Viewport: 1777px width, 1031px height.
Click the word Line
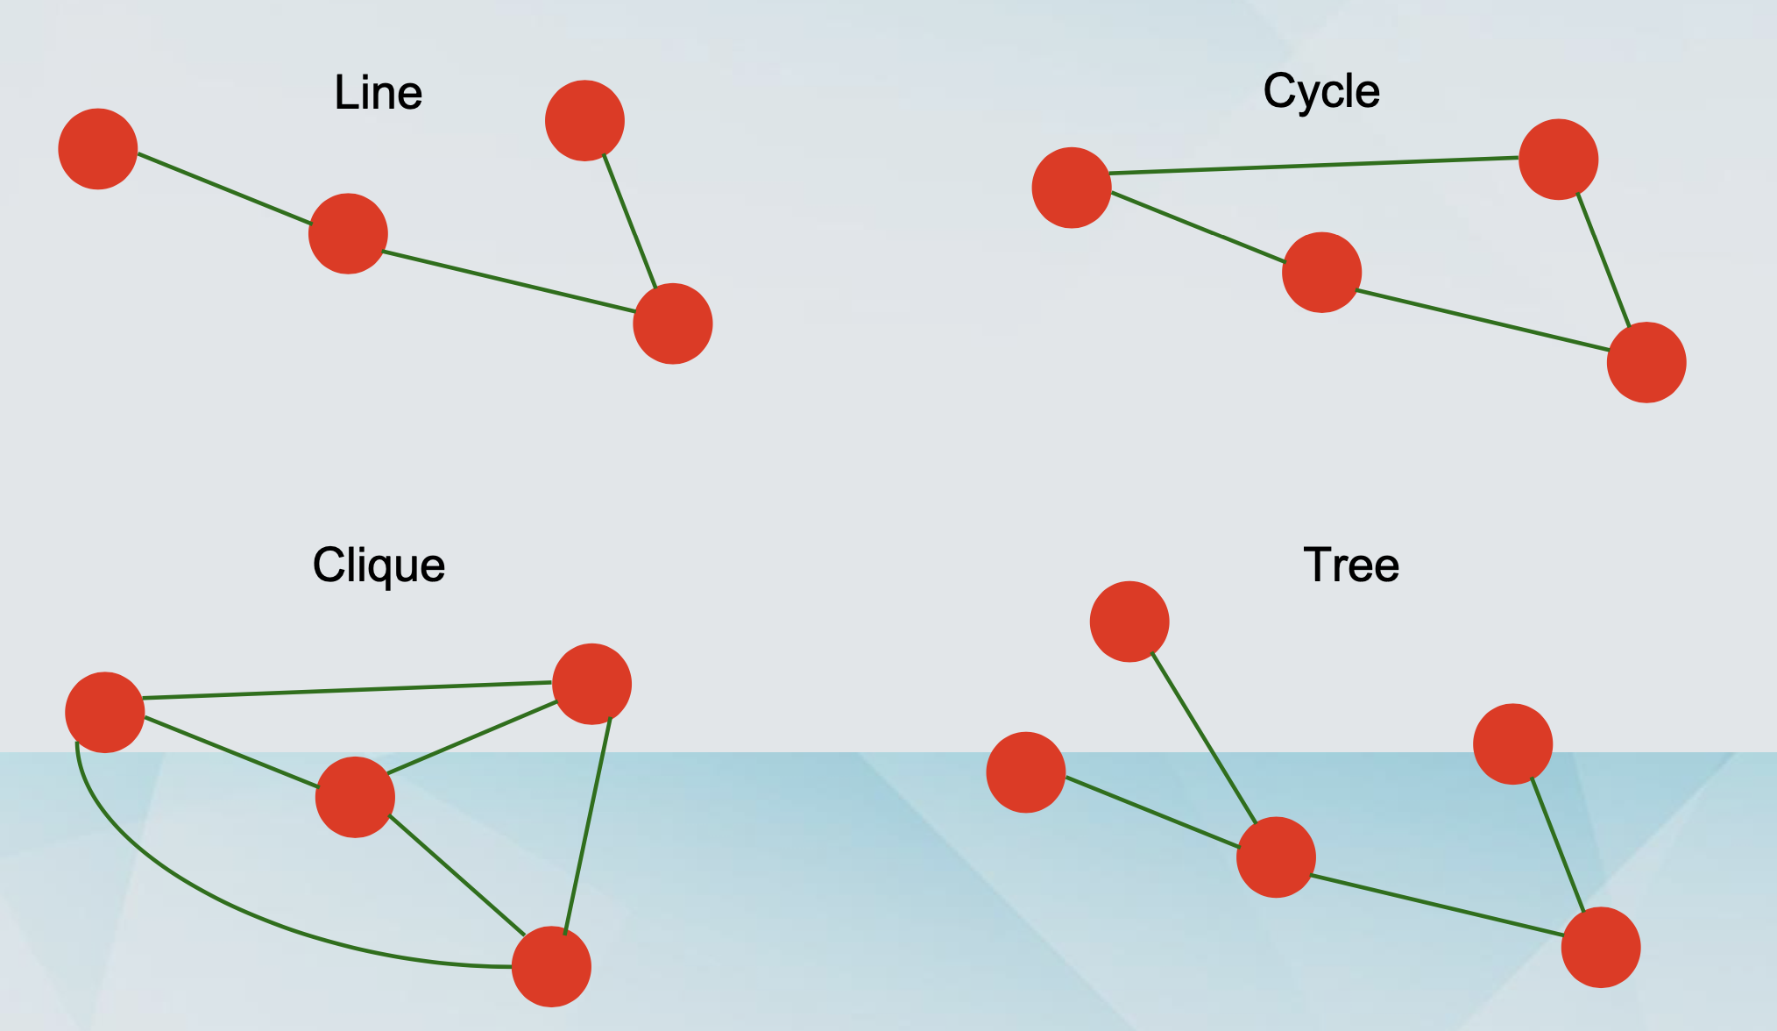pos(379,93)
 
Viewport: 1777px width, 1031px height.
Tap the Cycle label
pos(1321,91)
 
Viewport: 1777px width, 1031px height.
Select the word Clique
pos(379,565)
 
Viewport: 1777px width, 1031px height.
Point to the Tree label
pos(1351,565)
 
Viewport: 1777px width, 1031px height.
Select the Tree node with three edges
pos(1276,857)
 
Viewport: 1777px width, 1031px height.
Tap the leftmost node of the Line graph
pos(98,149)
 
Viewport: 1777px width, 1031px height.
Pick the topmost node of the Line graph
pos(584,121)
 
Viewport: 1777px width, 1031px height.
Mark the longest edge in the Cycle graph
pos(1314,166)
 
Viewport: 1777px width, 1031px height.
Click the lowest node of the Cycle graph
pos(1646,362)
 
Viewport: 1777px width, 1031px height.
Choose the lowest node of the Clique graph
pos(551,967)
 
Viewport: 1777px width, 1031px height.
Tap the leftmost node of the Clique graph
pos(105,712)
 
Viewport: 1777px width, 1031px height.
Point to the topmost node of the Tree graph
pos(1129,621)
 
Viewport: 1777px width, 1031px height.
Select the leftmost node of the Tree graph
pos(1026,772)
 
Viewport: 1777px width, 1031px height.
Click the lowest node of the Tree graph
pos(1601,948)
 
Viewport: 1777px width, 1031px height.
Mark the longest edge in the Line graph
pos(509,282)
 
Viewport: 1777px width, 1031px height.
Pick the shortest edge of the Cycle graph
pos(1604,260)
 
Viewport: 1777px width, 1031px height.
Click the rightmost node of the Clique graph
pos(592,684)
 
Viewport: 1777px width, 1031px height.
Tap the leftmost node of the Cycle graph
pos(1072,188)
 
